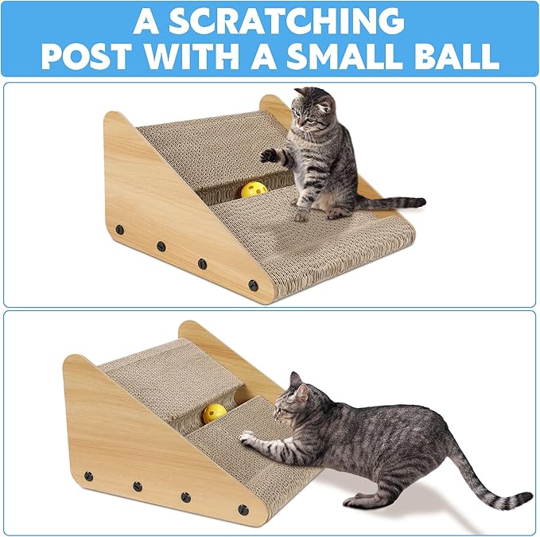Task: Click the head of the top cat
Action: click(313, 111)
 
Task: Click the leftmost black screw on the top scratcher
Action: click(120, 229)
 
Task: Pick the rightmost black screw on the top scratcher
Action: click(254, 282)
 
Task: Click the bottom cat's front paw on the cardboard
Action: click(247, 436)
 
